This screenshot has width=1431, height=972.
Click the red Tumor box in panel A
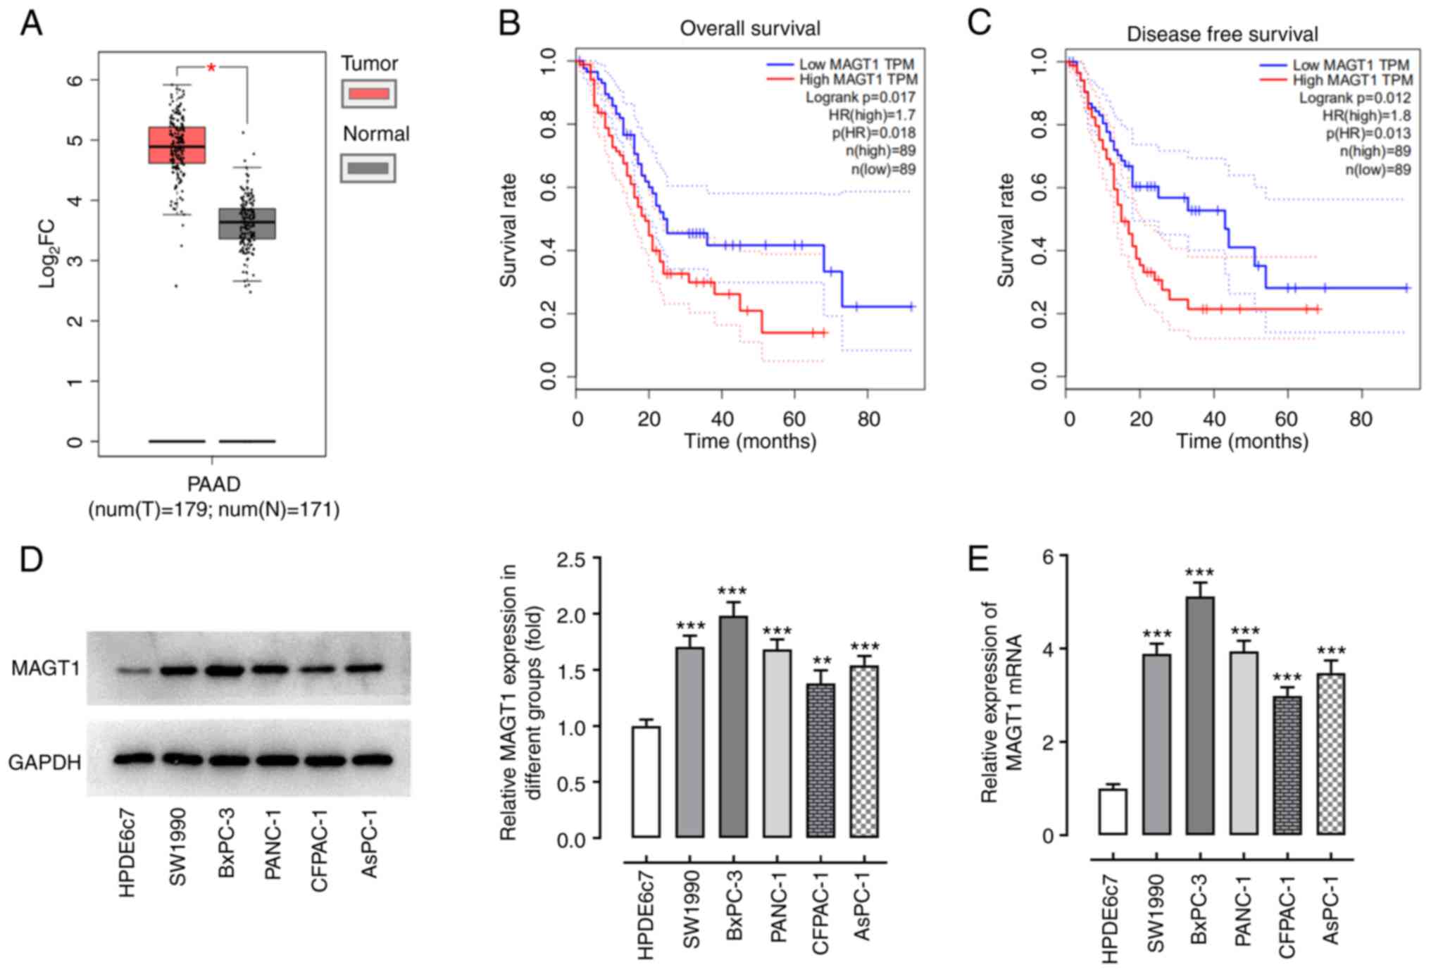pos(177,145)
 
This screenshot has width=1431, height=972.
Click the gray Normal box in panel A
pos(247,224)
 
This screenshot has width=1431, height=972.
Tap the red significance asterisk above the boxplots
pos(211,68)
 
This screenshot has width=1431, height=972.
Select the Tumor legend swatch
pos(369,94)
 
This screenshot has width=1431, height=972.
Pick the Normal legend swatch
pos(368,168)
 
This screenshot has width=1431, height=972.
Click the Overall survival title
pos(750,29)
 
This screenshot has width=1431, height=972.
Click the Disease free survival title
pos(1222,34)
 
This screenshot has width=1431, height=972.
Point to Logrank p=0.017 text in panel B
pos(861,97)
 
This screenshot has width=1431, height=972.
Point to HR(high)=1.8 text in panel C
pos(1366,116)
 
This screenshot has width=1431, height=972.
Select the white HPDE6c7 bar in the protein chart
pos(646,782)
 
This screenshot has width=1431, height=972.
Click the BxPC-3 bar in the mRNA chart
pos(1200,716)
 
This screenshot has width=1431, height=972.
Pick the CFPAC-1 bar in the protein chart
pos(820,761)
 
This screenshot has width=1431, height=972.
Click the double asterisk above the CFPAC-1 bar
pos(821,661)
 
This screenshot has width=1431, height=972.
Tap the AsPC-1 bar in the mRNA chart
pos(1330,754)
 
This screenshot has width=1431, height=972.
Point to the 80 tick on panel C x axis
pos(1361,420)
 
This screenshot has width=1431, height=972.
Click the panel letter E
pos(978,560)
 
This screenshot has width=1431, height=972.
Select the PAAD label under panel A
pos(213,484)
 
